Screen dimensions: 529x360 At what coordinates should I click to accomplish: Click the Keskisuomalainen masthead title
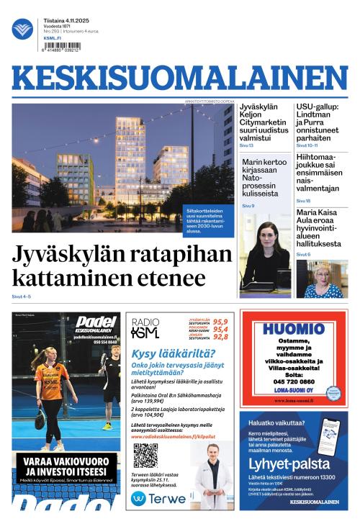tap(179, 79)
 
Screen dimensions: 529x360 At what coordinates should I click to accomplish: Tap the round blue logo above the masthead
tap(22, 29)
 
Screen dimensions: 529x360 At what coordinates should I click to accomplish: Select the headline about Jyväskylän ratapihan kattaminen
tap(122, 266)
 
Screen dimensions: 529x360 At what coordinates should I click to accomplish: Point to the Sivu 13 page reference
tap(247, 145)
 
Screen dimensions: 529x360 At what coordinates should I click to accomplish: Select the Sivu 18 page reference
tap(303, 201)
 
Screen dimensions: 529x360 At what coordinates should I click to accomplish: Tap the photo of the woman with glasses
tap(321, 279)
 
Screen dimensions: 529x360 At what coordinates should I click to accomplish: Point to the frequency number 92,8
tap(220, 337)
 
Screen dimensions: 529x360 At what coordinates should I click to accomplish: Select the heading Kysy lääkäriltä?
tap(174, 353)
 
